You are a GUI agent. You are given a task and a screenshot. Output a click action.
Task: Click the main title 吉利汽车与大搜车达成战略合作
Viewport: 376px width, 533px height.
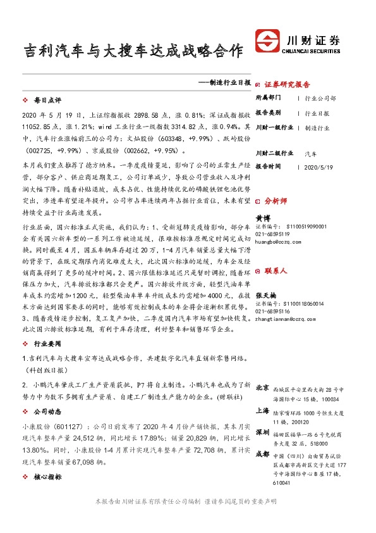pyautogui.click(x=133, y=51)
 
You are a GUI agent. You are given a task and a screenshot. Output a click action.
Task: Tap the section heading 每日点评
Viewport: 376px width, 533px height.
pyautogui.click(x=47, y=101)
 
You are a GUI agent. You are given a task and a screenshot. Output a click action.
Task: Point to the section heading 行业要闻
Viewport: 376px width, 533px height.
pyautogui.click(x=47, y=344)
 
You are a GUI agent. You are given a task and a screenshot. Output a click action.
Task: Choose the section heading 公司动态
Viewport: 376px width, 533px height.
pyautogui.click(x=47, y=409)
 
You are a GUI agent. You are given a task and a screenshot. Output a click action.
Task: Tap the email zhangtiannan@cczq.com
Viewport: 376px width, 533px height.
pyautogui.click(x=286, y=320)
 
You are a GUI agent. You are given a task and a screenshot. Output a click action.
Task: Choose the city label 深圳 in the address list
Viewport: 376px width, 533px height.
pyautogui.click(x=262, y=432)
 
